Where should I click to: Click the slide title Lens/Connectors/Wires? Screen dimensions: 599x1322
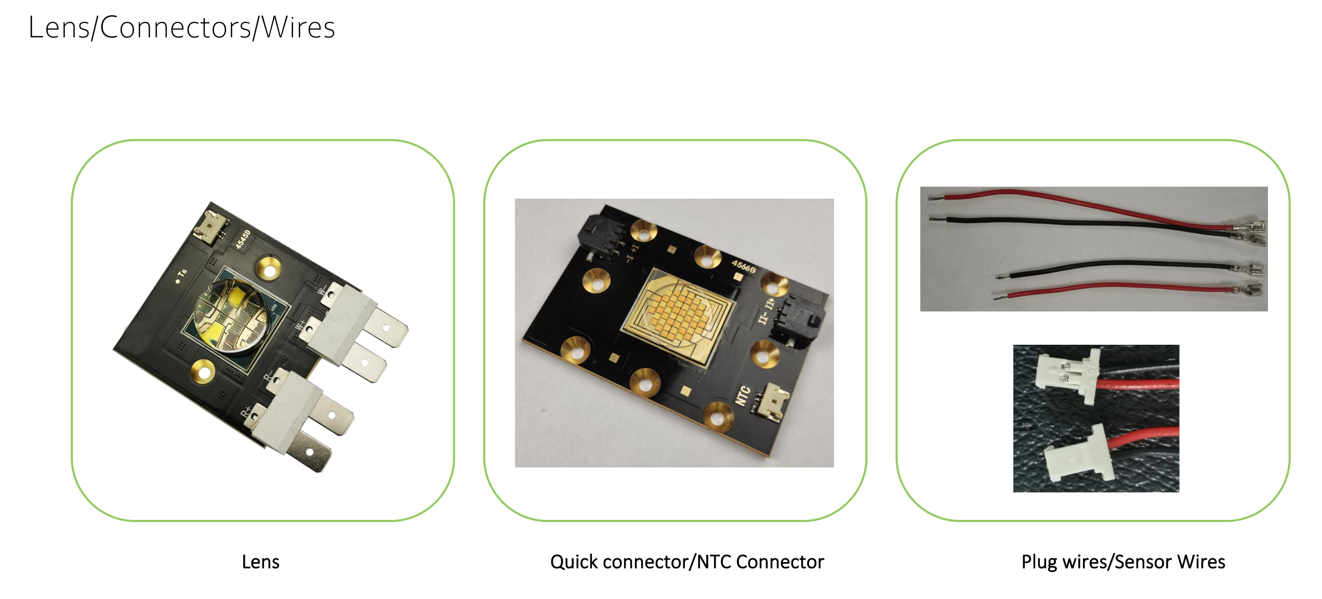181,28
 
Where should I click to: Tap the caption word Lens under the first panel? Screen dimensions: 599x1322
260,562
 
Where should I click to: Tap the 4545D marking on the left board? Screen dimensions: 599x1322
243,239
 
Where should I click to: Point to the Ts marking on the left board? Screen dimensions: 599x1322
182,274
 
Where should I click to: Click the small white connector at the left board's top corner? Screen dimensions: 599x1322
211,227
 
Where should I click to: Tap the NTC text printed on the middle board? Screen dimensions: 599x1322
743,396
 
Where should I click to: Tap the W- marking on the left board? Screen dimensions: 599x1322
322,289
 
